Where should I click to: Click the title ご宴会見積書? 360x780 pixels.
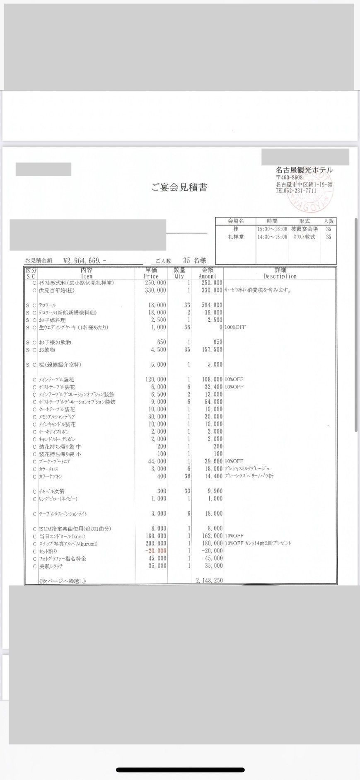[179, 188]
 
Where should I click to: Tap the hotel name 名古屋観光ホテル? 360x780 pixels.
[304, 170]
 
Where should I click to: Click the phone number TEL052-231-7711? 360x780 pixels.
[296, 191]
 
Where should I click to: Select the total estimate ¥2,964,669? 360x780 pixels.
[85, 261]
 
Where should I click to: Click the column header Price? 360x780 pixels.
[151, 276]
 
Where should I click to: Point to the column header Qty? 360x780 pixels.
[179, 276]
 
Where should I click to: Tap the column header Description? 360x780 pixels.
[280, 276]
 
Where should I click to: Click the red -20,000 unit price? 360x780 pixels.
[156, 551]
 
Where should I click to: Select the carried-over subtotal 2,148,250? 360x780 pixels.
[209, 580]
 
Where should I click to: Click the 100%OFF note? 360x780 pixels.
[235, 327]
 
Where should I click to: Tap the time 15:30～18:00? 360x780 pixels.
[272, 229]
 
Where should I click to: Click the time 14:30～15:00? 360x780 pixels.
[272, 237]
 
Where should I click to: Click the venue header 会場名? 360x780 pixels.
[236, 221]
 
